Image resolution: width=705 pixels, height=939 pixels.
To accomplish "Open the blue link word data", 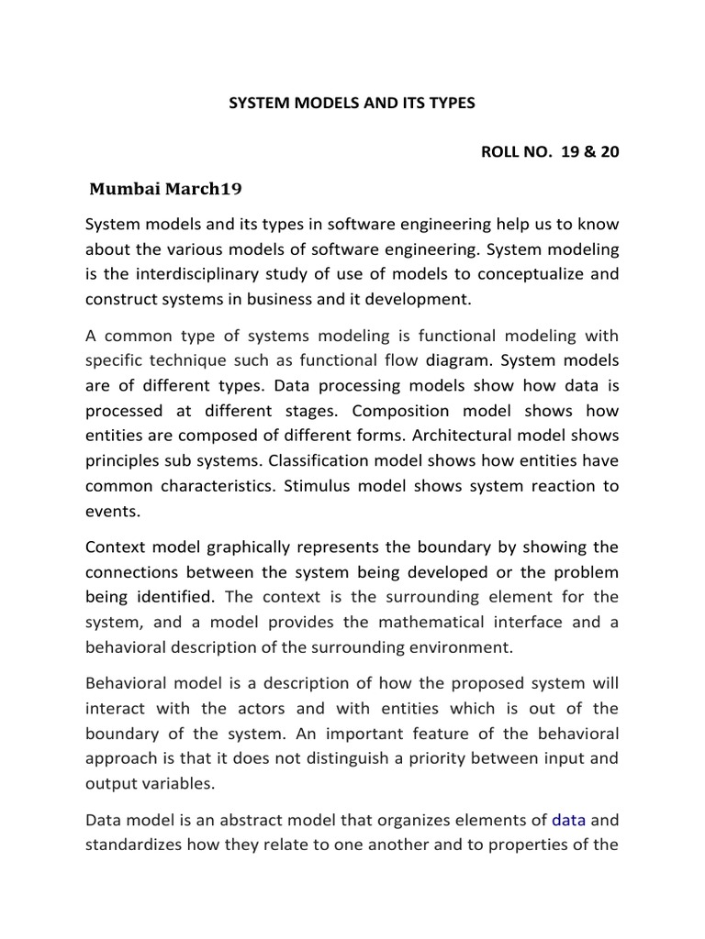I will click(x=568, y=821).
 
